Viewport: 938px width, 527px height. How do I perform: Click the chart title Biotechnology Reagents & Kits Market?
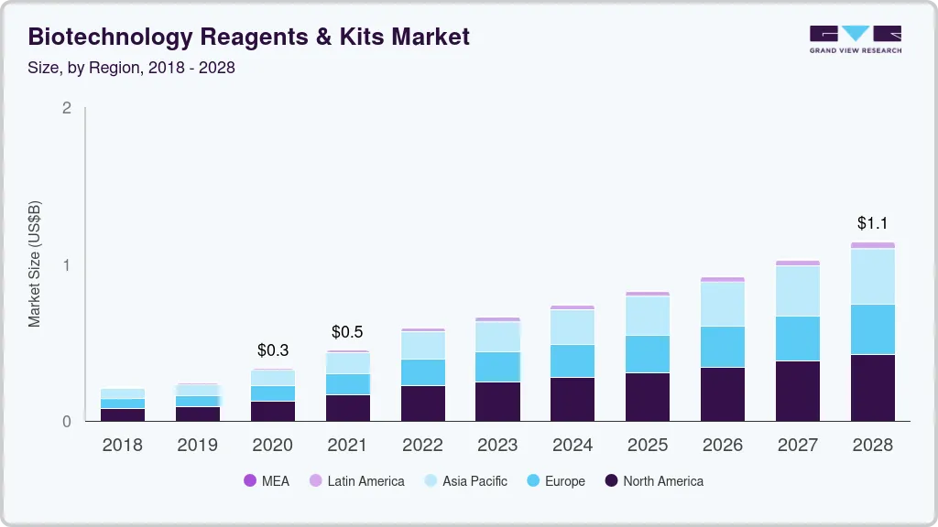click(x=249, y=37)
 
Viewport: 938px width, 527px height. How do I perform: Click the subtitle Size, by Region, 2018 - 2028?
click(x=132, y=69)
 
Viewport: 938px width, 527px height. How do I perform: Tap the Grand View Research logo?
click(x=855, y=38)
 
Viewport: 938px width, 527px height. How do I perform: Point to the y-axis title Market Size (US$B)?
click(x=35, y=263)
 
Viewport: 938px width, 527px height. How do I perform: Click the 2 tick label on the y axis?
click(x=66, y=108)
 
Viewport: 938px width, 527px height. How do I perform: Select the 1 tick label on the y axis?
click(x=66, y=265)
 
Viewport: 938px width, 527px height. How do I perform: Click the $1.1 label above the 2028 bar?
click(x=872, y=222)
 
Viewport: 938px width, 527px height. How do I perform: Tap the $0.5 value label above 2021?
click(x=348, y=331)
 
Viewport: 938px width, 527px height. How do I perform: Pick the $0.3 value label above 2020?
click(x=273, y=350)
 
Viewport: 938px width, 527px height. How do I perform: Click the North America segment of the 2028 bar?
click(x=872, y=387)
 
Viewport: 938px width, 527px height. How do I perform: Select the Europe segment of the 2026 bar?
click(x=722, y=347)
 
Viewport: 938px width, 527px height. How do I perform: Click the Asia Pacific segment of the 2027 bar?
click(x=797, y=291)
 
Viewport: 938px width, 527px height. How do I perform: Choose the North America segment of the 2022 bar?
click(x=423, y=403)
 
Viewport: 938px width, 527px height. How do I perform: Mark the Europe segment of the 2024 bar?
click(x=572, y=360)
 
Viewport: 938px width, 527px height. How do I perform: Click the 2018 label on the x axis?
click(x=123, y=446)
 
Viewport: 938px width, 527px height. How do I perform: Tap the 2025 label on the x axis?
click(x=647, y=446)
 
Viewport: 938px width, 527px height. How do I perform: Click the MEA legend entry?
click(x=267, y=480)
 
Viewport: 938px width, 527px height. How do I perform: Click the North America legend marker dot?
click(x=611, y=480)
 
